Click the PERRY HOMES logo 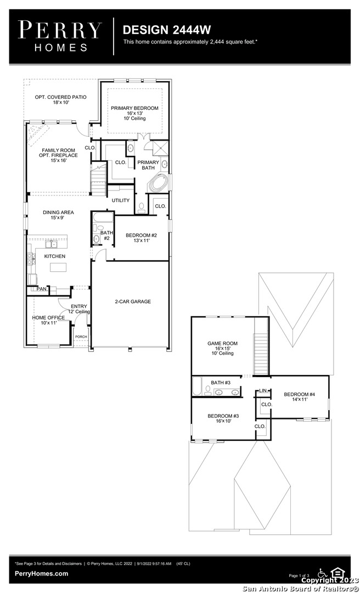60,36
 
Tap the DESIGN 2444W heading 167,30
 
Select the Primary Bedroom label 134,113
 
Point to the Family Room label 58,155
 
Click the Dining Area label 58,215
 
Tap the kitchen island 58,267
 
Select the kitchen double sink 52,244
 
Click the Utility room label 121,200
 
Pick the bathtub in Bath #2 103,219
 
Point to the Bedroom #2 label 141,238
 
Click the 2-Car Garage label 133,301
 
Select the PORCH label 81,337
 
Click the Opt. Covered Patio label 60,99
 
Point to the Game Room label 222,348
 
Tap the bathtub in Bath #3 198,386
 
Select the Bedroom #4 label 300,397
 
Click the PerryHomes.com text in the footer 42,574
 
